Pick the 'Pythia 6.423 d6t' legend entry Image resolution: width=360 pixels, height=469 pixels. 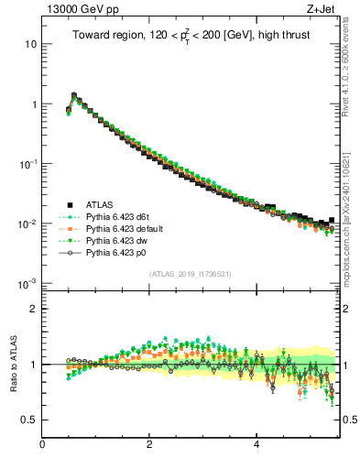pyautogui.click(x=122, y=216)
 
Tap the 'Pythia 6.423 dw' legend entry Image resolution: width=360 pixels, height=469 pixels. pyautogui.click(x=122, y=240)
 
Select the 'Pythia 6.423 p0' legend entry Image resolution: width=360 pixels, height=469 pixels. pyautogui.click(x=121, y=252)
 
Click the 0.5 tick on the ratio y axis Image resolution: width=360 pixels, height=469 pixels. pyautogui.click(x=30, y=420)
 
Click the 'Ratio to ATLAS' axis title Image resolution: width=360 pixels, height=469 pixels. pyautogui.click(x=12, y=365)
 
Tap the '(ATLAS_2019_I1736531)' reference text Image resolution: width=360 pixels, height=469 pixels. pyautogui.click(x=190, y=273)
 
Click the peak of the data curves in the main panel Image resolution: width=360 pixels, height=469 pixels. pyautogui.click(x=74, y=94)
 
